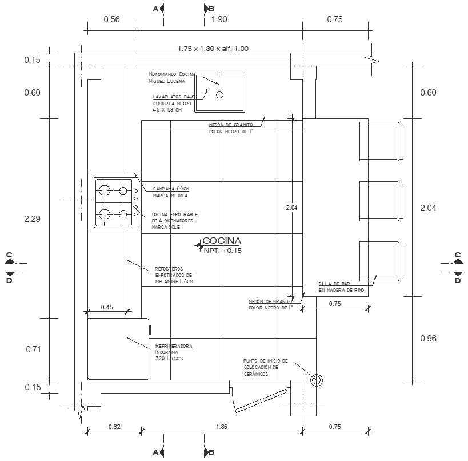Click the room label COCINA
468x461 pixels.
click(x=222, y=241)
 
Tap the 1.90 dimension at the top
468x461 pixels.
click(x=219, y=19)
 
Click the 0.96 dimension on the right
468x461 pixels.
click(x=428, y=339)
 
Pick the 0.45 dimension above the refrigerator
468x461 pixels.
click(x=107, y=307)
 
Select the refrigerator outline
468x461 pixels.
click(x=118, y=349)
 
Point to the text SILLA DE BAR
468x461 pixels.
click(x=334, y=284)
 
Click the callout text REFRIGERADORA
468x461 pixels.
click(x=174, y=346)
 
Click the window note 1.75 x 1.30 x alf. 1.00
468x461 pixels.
click(x=213, y=49)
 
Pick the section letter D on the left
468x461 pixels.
click(x=9, y=280)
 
